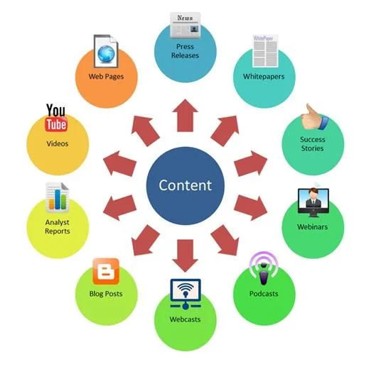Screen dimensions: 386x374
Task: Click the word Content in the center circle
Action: coord(185,185)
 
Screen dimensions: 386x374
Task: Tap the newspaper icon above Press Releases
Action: coord(185,26)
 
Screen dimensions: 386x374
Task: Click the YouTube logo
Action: coord(56,118)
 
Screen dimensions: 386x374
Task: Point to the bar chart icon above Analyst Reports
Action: coord(57,198)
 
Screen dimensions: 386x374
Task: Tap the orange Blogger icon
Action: coord(106,271)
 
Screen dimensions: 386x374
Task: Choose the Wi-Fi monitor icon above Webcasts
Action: coord(186,294)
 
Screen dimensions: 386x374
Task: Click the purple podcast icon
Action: coord(264,268)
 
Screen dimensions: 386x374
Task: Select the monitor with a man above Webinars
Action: coord(313,202)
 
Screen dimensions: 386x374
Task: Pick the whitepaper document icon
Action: coord(265,51)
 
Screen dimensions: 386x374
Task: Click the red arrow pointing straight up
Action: coord(185,116)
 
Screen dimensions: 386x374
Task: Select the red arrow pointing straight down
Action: coord(185,255)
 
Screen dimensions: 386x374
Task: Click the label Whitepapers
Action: coord(264,77)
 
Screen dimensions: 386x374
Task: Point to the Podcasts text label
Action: coord(264,294)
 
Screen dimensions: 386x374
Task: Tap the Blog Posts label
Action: coord(106,294)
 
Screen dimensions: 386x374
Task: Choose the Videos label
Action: coord(58,144)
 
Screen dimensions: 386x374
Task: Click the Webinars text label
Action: coord(312,227)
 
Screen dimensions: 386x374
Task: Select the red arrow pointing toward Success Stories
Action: coord(251,164)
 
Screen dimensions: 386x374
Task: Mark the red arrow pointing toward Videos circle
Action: coord(120,164)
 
